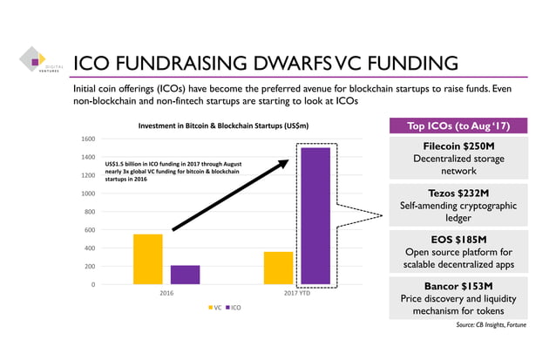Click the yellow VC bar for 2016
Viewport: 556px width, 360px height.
pos(148,259)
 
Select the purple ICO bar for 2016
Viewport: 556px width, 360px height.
pos(185,275)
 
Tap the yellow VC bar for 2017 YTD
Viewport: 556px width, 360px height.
pos(278,268)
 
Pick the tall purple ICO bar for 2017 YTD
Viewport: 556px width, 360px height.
pos(315,215)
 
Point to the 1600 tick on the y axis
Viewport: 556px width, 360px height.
pos(87,139)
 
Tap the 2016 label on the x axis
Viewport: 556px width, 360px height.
pos(166,294)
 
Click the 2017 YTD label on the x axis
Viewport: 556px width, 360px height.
pos(296,294)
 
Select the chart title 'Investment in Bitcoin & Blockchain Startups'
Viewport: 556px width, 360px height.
pos(223,126)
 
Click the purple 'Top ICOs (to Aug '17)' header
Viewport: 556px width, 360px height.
pos(459,126)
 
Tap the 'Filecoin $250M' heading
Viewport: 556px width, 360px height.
pos(459,146)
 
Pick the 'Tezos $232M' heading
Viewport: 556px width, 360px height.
pos(459,193)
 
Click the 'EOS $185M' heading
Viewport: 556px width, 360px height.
pos(459,239)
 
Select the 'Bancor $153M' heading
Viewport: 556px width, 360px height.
pos(459,285)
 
